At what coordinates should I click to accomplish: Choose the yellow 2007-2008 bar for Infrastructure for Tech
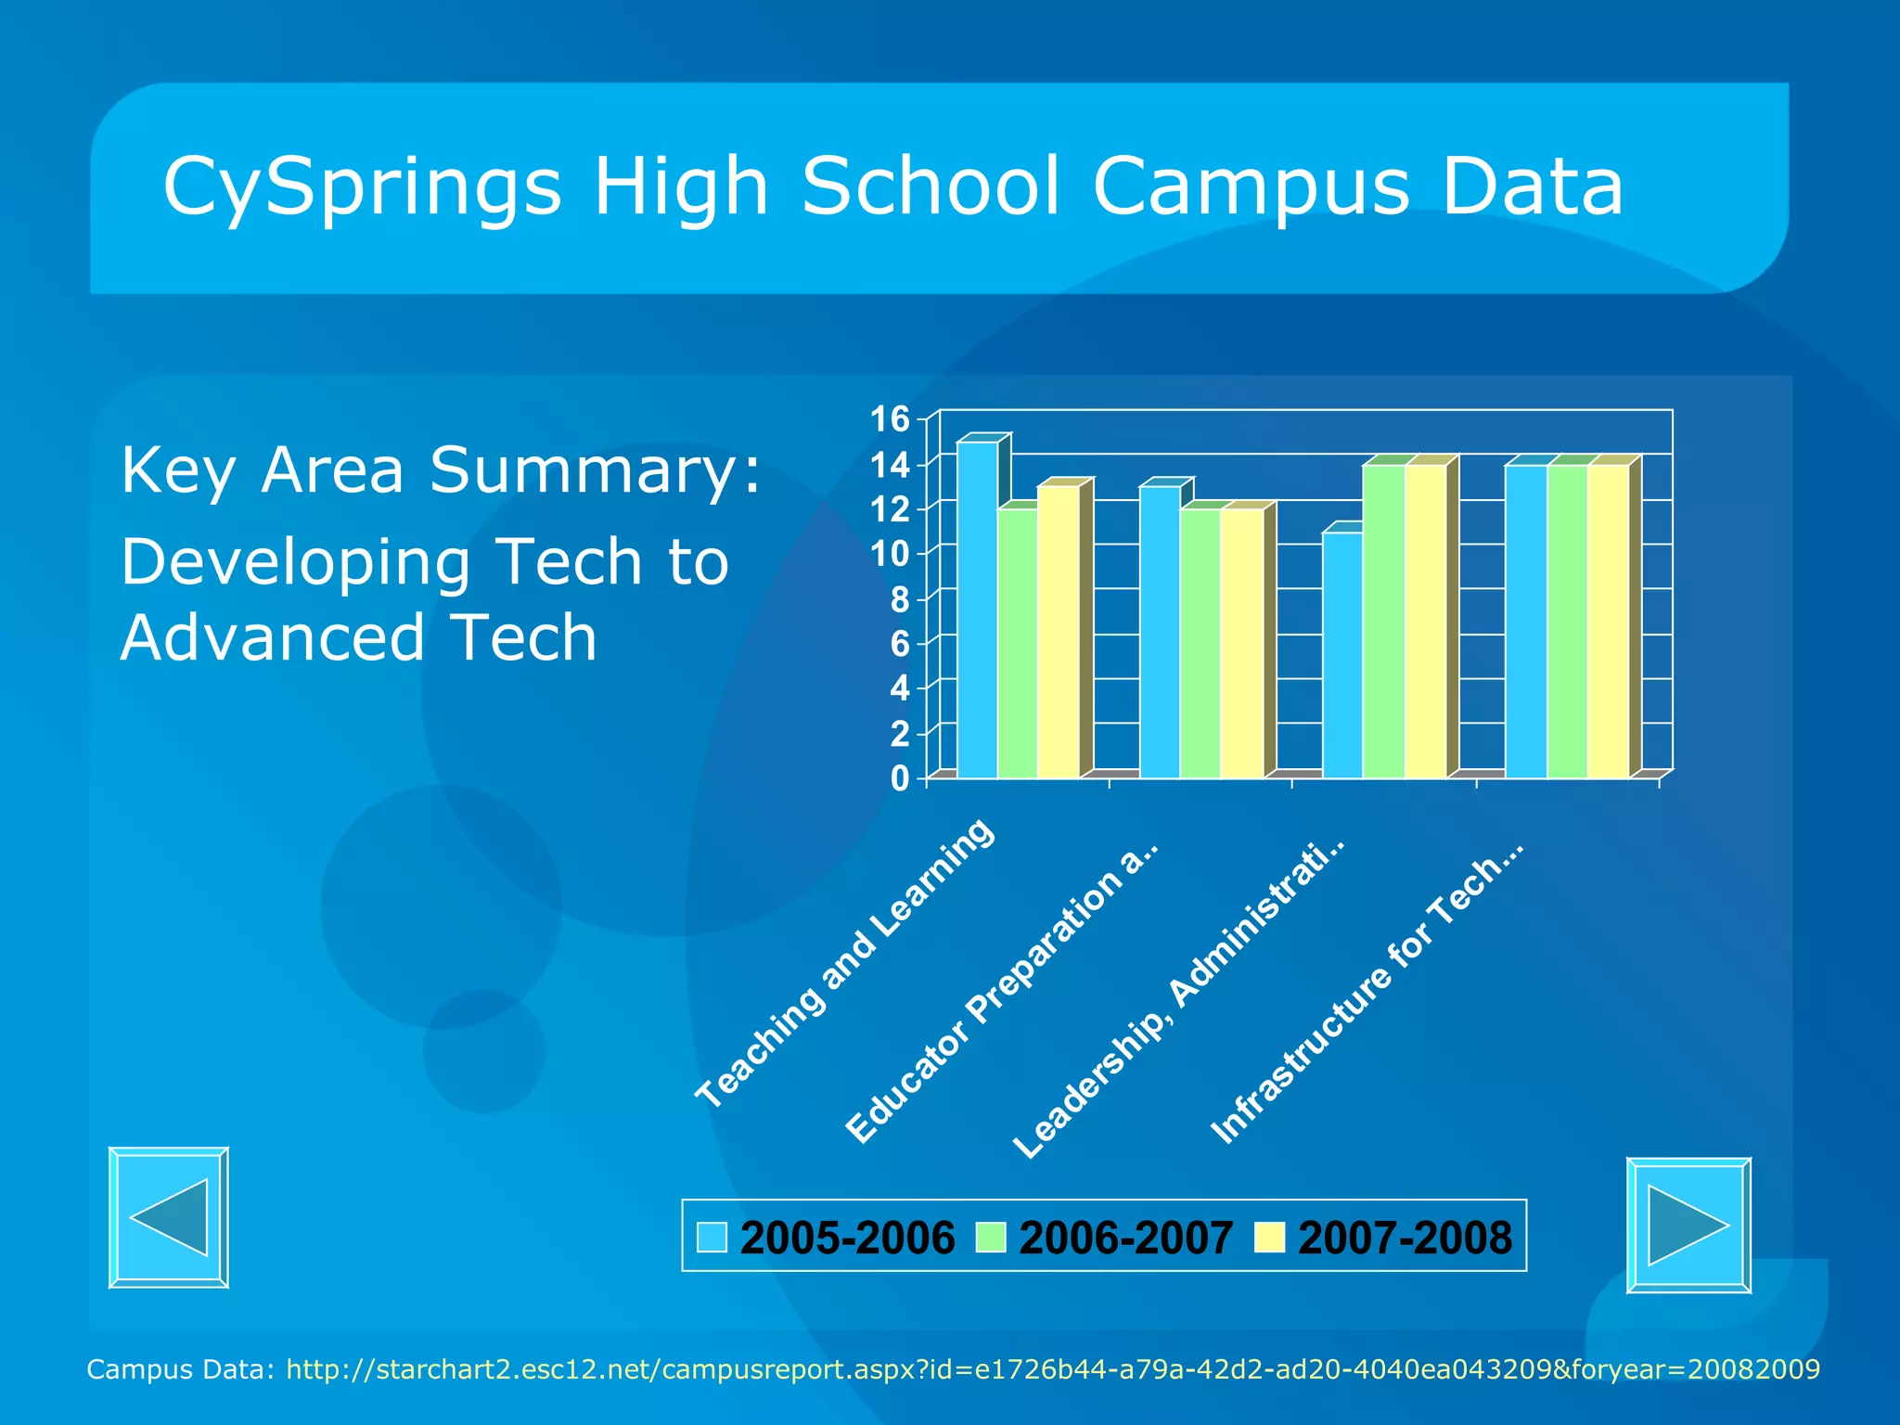1609,621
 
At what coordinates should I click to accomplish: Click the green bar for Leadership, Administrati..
1383,621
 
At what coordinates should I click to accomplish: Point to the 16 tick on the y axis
889,419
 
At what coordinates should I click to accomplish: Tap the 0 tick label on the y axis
899,778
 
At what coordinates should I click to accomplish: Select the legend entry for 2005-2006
826,1238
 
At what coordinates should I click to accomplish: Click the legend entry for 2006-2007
1105,1238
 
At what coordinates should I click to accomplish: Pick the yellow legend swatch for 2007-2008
1268,1238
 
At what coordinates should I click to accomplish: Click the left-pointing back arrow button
169,1217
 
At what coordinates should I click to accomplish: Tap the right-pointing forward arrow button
1688,1225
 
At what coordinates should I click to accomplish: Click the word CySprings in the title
362,187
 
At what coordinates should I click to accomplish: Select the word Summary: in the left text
594,470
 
